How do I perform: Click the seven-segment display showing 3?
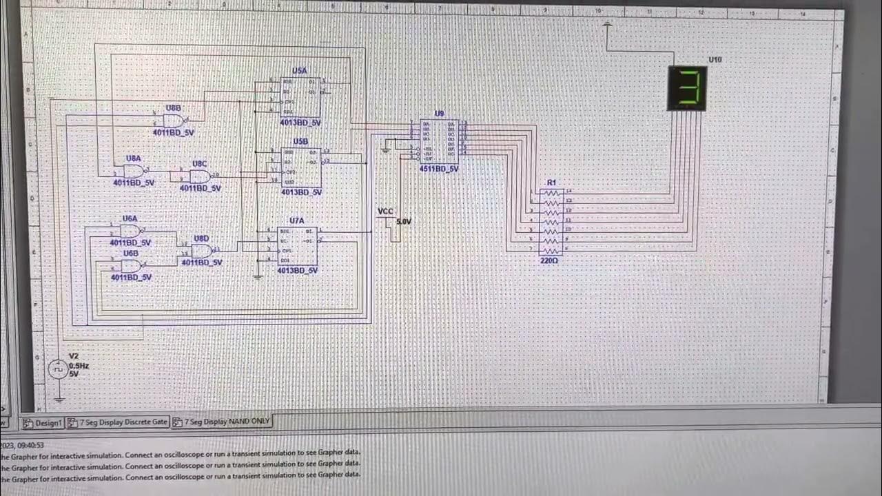(688, 88)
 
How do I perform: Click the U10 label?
(715, 60)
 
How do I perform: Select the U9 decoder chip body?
(439, 141)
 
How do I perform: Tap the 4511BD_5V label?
(439, 169)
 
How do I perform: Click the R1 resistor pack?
(551, 222)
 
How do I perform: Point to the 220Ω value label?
(549, 261)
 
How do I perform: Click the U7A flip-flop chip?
(297, 246)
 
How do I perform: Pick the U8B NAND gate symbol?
(173, 121)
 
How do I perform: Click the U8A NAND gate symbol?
(133, 171)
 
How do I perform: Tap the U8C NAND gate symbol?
(200, 176)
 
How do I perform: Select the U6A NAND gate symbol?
(130, 231)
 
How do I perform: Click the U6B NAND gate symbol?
(131, 265)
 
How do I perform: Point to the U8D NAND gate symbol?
(201, 251)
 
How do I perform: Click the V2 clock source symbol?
(58, 370)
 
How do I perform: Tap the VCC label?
(385, 211)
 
